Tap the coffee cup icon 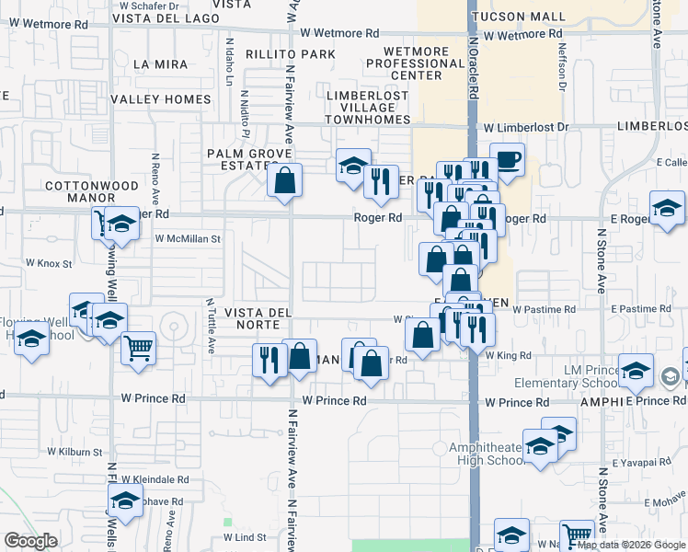coord(507,161)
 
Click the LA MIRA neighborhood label coord(160,64)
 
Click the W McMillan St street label coord(189,238)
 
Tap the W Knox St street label coord(41,263)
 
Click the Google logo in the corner coord(30,541)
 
